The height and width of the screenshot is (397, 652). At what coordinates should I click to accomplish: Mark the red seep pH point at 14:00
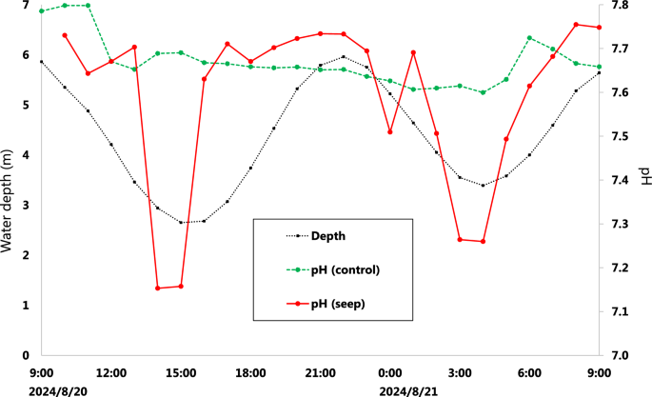(158, 288)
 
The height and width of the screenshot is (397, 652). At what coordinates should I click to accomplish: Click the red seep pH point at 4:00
(483, 241)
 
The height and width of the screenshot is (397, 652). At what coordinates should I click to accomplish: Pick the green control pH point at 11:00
(88, 6)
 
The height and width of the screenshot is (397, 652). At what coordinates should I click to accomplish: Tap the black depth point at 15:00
(181, 223)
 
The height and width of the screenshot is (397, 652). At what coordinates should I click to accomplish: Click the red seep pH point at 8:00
(576, 25)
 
